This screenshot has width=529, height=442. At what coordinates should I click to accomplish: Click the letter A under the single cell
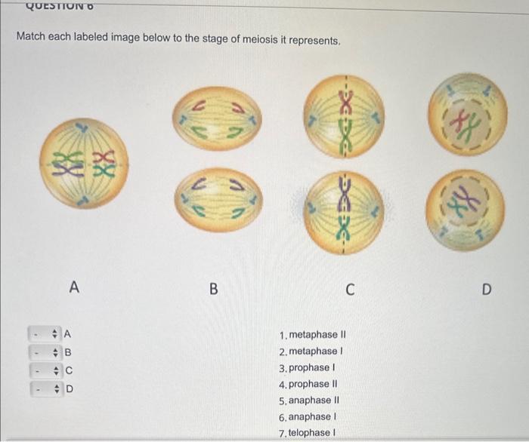tap(73, 287)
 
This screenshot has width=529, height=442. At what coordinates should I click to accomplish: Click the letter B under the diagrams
tap(213, 288)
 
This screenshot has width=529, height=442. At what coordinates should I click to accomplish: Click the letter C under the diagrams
tap(348, 288)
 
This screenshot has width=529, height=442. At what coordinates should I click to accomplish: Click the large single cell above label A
tap(84, 163)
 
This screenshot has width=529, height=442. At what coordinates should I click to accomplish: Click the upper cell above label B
tap(216, 118)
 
